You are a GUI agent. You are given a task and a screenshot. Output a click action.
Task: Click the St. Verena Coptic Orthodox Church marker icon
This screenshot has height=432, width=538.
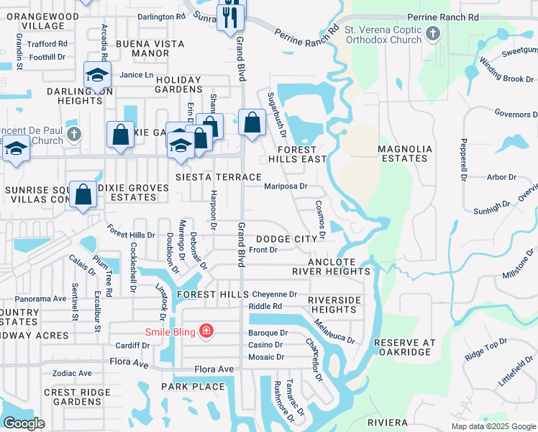pyautogui.click(x=433, y=33)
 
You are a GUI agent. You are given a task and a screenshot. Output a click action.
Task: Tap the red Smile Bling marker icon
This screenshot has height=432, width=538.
pyautogui.click(x=207, y=331)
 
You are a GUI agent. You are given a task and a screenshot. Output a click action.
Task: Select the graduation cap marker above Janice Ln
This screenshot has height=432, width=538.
pyautogui.click(x=97, y=74)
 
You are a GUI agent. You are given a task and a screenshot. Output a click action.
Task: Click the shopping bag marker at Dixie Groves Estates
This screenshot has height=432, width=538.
pyautogui.click(x=83, y=194)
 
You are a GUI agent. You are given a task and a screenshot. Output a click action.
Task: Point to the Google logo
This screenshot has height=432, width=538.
pyautogui.click(x=24, y=423)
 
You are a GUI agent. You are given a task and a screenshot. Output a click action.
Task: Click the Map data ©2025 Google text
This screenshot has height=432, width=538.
pyautogui.click(x=493, y=426)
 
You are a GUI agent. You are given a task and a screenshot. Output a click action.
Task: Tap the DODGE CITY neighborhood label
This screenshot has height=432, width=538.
pyautogui.click(x=286, y=239)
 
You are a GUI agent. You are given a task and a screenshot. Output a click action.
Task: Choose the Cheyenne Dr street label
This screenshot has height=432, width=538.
pyautogui.click(x=274, y=294)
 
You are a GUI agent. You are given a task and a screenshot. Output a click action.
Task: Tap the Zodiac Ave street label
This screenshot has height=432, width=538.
pyautogui.click(x=72, y=374)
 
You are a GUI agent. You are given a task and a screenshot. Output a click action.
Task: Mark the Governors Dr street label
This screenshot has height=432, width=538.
pyautogui.click(x=516, y=114)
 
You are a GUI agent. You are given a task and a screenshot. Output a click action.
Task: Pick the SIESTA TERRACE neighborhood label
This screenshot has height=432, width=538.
pyautogui.click(x=219, y=177)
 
